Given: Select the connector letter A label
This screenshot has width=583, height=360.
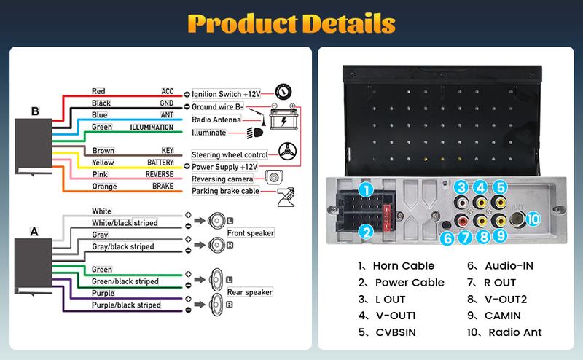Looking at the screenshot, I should pos(34,232).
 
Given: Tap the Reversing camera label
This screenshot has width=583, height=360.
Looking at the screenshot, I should pos(222,179).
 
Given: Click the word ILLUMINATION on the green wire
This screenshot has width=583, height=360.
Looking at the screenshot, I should pos(152,128).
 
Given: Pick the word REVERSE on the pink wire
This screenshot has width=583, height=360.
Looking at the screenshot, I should pos(160,175).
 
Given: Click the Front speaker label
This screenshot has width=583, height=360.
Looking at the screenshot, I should pos(249,233).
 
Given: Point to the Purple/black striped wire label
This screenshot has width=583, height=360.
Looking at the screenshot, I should pos(125,305).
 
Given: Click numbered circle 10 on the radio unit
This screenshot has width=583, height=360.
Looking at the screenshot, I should pos(533,218).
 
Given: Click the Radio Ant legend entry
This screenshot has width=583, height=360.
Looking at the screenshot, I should pos(506,333).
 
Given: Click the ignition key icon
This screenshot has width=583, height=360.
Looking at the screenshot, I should pos(284,93).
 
